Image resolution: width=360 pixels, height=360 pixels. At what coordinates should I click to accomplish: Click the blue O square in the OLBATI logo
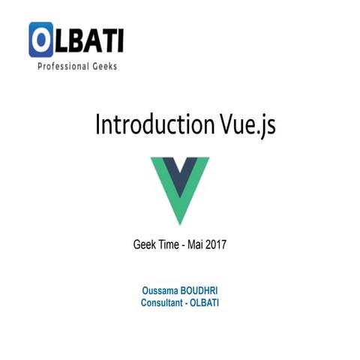42,40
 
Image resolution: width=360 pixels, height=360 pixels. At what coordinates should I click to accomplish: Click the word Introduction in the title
147,124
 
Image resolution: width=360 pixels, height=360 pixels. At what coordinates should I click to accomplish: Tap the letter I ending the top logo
119,39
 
